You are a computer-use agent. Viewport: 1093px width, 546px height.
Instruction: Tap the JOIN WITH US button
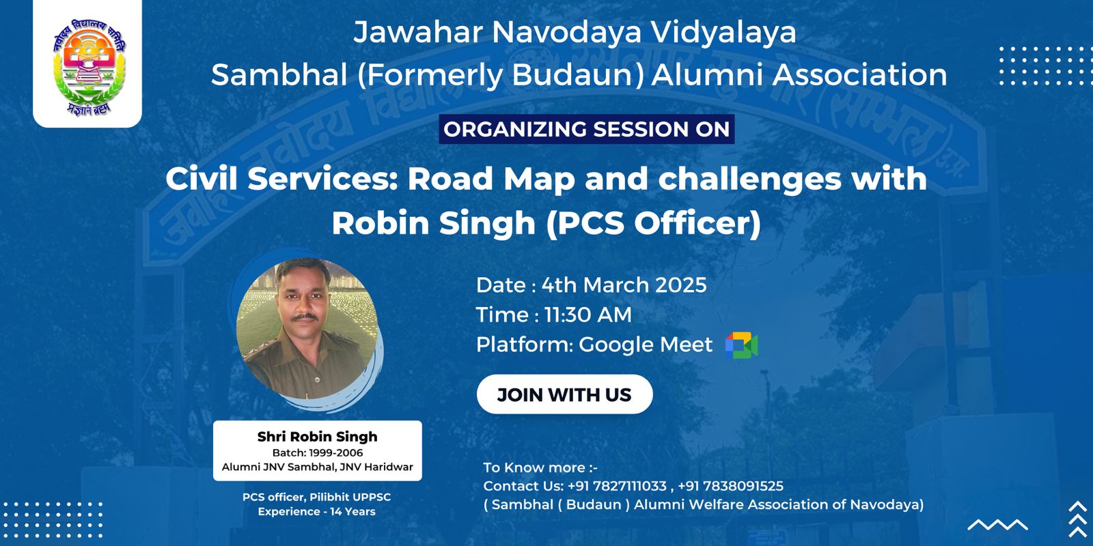pos(564,394)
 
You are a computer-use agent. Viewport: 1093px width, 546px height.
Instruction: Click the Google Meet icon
pos(741,345)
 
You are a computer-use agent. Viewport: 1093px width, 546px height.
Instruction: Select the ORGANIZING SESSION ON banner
pos(587,129)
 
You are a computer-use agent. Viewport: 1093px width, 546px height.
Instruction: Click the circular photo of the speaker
pos(307,328)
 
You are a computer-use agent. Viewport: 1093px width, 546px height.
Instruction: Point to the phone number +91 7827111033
pos(617,486)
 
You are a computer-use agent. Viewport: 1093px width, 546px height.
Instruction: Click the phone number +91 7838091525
pos(730,486)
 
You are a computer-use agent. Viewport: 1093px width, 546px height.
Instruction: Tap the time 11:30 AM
pos(587,315)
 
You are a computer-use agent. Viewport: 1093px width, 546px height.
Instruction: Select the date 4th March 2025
pos(624,285)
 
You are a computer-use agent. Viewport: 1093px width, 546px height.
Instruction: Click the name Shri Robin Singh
pos(317,436)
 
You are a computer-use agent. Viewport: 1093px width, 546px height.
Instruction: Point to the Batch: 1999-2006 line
pos(317,453)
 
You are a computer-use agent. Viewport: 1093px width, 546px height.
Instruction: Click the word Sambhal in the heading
pos(279,75)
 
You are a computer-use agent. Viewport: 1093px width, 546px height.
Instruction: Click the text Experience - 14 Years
pos(317,512)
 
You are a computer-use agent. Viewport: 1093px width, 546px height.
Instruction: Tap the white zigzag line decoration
pos(997,525)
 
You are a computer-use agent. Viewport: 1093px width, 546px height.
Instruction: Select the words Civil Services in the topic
pos(283,179)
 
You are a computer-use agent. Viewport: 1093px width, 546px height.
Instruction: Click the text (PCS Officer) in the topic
pos(653,223)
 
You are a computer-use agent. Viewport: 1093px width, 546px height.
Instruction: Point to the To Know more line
pos(540,468)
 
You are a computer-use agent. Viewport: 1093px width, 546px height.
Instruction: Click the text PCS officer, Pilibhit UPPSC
pos(317,498)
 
